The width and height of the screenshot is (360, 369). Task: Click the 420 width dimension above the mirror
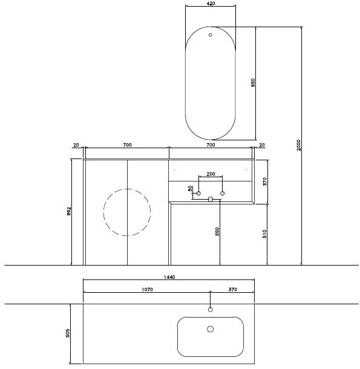tap(211, 4)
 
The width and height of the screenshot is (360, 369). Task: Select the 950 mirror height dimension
tap(253, 83)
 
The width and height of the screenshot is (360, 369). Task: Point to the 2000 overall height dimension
tap(298, 145)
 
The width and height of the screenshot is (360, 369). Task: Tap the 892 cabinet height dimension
tap(68, 212)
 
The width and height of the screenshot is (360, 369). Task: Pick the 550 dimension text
tap(217, 231)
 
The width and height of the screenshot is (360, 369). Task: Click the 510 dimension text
tap(264, 234)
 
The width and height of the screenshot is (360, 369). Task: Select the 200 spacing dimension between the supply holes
tap(211, 174)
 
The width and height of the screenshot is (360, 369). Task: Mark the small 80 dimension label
tap(190, 188)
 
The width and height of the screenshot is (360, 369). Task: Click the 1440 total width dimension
tap(169, 277)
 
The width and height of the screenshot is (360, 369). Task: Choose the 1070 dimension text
tap(147, 290)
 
